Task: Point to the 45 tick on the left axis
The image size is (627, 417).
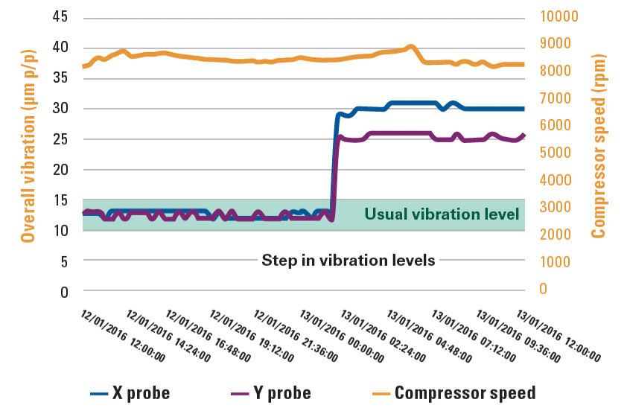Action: tap(60, 16)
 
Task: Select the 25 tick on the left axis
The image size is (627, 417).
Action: tap(60, 139)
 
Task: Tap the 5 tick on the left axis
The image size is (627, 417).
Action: tap(64, 261)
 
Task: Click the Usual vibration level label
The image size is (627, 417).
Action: tap(441, 214)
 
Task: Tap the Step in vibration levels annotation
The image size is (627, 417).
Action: tap(348, 261)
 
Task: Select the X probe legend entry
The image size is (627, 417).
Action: tap(130, 392)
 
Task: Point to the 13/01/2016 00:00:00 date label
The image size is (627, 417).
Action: tap(343, 334)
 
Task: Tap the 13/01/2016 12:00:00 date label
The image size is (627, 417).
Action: tap(560, 334)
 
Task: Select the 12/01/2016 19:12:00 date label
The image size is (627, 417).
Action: tap(255, 334)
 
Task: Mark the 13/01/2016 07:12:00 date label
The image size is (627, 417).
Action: tap(473, 334)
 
